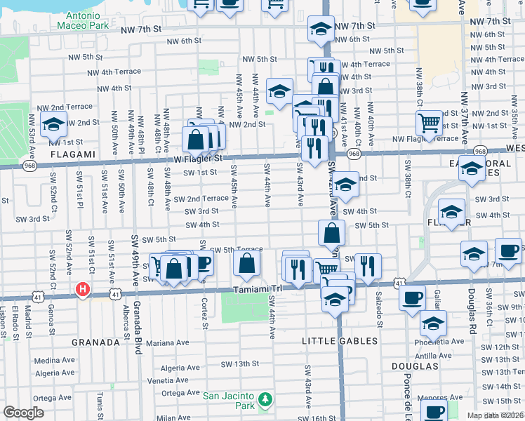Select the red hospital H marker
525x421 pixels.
coord(84,289)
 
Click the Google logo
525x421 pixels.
coord(23,413)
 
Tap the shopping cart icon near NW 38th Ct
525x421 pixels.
coord(429,123)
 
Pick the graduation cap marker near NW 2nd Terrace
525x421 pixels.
coord(53,125)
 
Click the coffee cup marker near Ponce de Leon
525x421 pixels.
coord(412,297)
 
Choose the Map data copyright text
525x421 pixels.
coord(496,415)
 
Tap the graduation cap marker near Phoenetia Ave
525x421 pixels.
coord(433,323)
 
